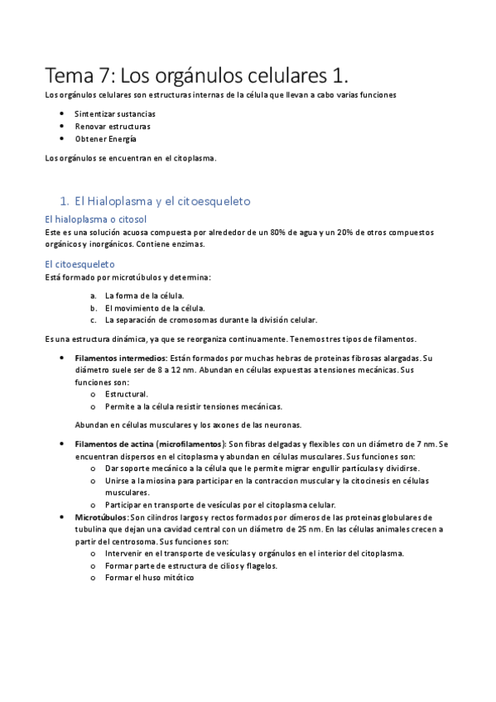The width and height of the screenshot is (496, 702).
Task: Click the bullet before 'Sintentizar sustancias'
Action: pyautogui.click(x=63, y=113)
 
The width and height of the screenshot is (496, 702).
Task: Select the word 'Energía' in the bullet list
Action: pyautogui.click(x=121, y=138)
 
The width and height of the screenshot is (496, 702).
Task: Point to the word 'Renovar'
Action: pyautogui.click(x=89, y=126)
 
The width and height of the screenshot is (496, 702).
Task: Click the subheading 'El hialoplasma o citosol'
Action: pyautogui.click(x=95, y=219)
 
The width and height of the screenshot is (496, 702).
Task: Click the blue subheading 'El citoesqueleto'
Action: pyautogui.click(x=80, y=264)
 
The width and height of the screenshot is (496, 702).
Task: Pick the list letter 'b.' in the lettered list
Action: pyautogui.click(x=94, y=308)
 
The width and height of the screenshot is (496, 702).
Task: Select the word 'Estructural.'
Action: pyautogui.click(x=127, y=394)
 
